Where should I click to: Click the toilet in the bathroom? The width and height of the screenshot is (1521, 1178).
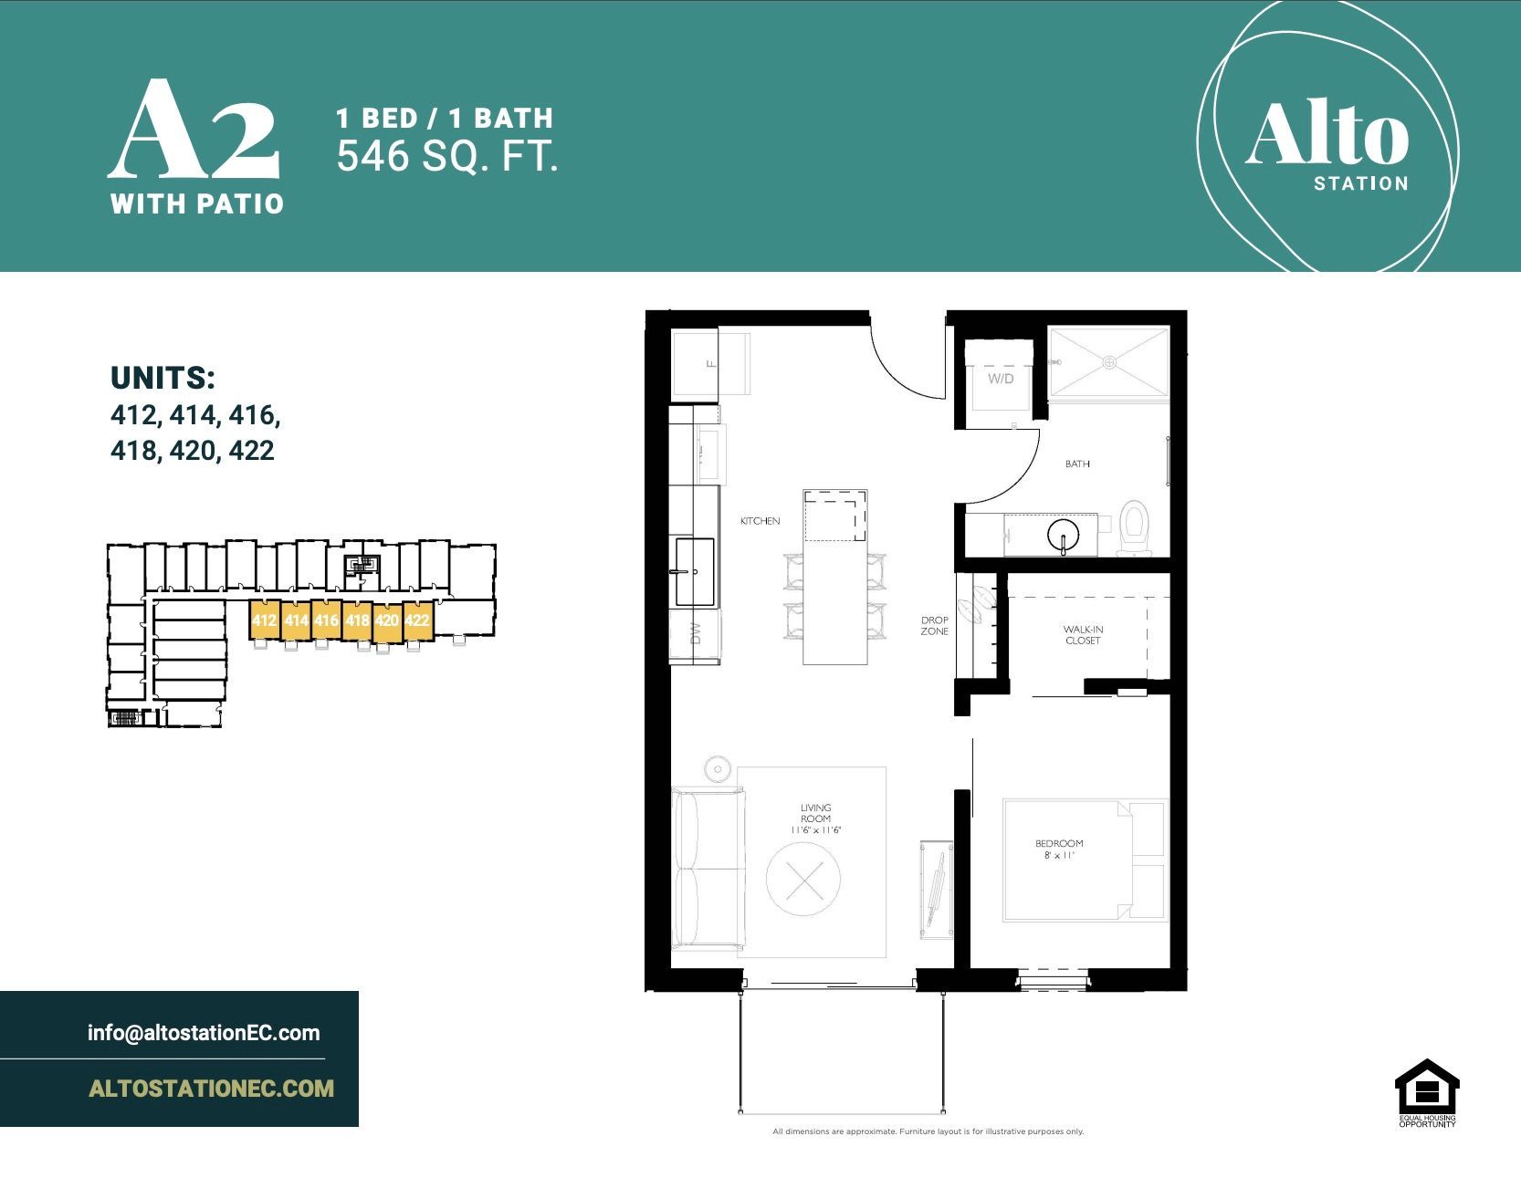[x=1134, y=528]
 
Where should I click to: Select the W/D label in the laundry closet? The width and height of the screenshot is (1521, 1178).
[x=1001, y=379]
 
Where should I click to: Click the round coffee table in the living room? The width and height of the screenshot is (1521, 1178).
[x=802, y=878]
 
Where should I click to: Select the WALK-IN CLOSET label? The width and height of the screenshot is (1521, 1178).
[x=1082, y=635]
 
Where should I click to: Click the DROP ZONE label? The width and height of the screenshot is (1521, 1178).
[x=934, y=626]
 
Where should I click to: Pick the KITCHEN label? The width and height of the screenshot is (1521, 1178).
[x=760, y=521]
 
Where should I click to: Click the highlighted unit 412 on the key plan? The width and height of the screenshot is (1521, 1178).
[x=264, y=620]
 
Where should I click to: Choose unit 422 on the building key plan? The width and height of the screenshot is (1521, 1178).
[x=416, y=620]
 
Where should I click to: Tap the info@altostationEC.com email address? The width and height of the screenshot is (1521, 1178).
[x=204, y=1033]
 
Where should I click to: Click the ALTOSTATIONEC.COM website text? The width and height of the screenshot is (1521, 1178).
[x=211, y=1089]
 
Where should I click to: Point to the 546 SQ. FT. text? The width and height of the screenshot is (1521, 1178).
[x=446, y=157]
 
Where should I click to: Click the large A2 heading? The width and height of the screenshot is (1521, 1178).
[x=194, y=131]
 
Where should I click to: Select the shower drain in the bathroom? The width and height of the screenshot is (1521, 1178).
[x=1109, y=362]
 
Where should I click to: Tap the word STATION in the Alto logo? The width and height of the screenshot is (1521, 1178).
[x=1360, y=183]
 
